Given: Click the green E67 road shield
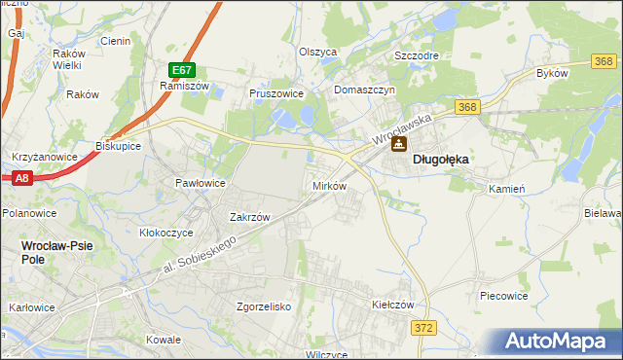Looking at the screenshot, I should pyautogui.click(x=182, y=70).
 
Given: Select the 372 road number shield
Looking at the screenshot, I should pyautogui.click(x=423, y=329).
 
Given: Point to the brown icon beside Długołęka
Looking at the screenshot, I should pyautogui.click(x=398, y=145).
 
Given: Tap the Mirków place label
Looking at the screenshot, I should pyautogui.click(x=329, y=185).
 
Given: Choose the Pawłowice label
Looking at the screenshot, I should pyautogui.click(x=200, y=183).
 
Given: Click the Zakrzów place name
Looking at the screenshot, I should pyautogui.click(x=248, y=217).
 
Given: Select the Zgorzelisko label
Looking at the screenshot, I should pyautogui.click(x=264, y=306).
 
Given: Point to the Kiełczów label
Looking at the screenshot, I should pyautogui.click(x=393, y=305).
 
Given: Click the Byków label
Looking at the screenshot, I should pyautogui.click(x=552, y=73).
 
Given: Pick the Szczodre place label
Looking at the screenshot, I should pyautogui.click(x=416, y=55).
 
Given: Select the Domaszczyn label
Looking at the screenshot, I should pyautogui.click(x=363, y=90).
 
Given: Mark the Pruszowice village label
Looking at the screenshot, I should pyautogui.click(x=276, y=93).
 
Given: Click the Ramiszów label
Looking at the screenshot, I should pyautogui.click(x=178, y=86).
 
